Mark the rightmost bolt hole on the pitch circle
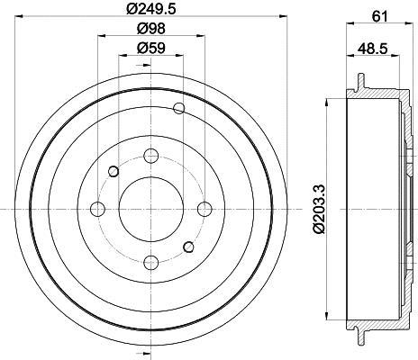[204, 209]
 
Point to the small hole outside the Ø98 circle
[178, 110]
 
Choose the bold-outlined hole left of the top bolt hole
[114, 171]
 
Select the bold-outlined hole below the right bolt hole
[188, 246]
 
